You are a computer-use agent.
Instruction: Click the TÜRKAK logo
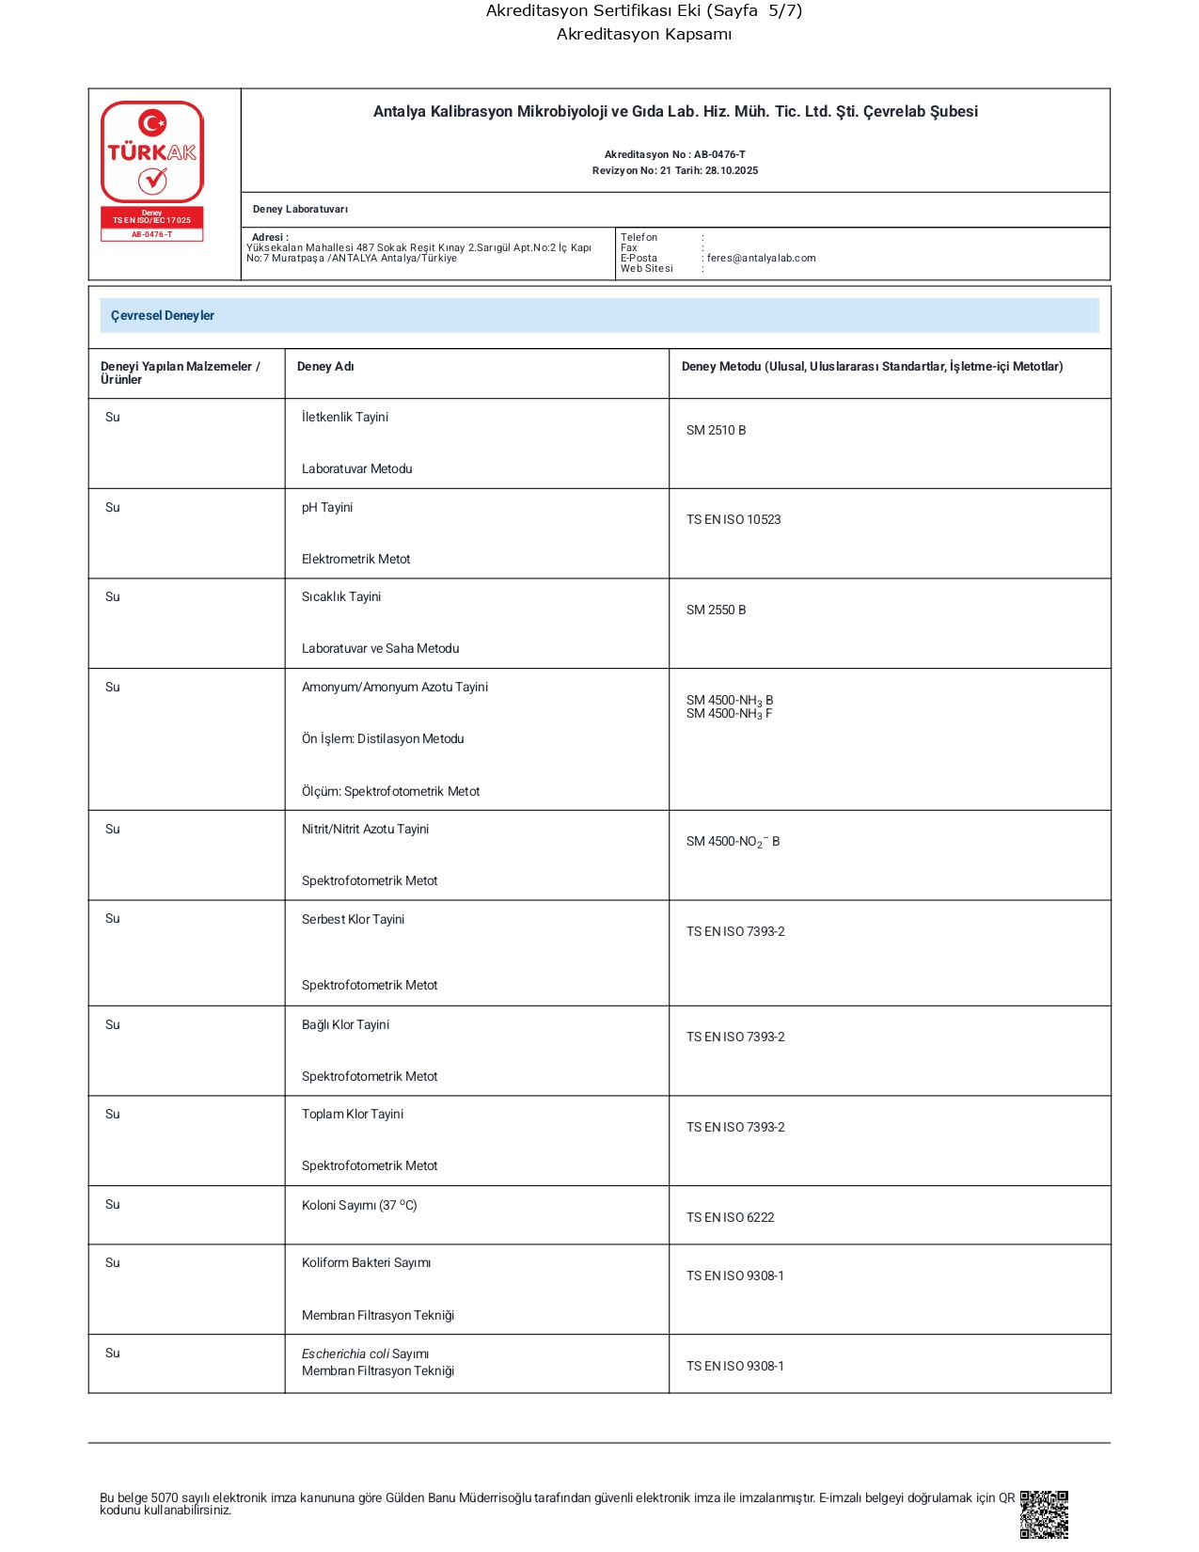pos(152,152)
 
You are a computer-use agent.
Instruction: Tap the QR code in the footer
pos(1044,1513)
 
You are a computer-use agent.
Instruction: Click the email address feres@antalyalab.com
pos(761,258)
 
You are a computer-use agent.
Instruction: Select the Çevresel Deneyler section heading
pos(163,315)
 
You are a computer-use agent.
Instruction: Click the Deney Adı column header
pos(325,367)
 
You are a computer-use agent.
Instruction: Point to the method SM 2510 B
pos(716,430)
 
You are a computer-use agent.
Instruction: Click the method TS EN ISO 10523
pos(734,519)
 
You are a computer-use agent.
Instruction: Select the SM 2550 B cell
pos(716,610)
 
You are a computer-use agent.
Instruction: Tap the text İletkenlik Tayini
pos(345,417)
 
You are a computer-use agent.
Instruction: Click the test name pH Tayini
pos(327,507)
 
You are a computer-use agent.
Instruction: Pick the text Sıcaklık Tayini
pos(341,596)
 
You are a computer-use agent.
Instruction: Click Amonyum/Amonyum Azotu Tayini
pos(395,687)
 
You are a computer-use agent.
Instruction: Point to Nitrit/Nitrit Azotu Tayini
pos(365,829)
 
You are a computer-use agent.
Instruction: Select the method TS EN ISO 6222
pos(731,1217)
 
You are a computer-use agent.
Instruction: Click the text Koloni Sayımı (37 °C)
pos(359,1205)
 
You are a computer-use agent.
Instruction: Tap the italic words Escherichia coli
pos(345,1354)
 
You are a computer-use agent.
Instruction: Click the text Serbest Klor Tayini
pos(353,919)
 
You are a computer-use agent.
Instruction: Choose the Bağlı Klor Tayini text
pos(345,1024)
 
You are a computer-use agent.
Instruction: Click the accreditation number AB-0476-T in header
pos(719,154)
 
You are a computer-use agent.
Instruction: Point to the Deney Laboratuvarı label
pos(300,209)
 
